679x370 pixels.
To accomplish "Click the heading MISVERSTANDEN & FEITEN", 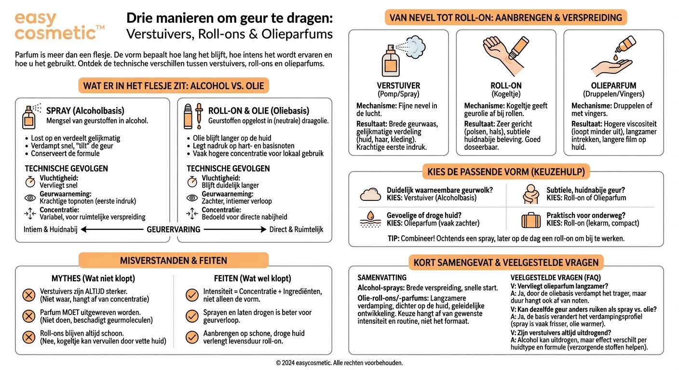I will click(x=173, y=261).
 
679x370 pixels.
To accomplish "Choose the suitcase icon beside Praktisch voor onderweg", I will click(x=531, y=220).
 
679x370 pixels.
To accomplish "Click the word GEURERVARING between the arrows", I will click(x=173, y=229).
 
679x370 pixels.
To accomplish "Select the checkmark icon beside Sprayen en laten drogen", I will click(x=192, y=316).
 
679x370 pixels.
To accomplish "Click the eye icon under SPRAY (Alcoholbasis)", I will click(x=30, y=197).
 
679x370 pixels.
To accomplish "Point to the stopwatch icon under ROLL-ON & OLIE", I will click(x=192, y=182).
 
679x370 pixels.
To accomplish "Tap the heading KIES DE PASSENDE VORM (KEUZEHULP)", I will click(x=506, y=172).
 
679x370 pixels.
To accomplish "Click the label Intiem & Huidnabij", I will click(x=51, y=229).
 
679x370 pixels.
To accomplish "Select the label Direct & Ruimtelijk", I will click(x=296, y=229).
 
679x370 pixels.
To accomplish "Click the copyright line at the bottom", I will click(x=339, y=362).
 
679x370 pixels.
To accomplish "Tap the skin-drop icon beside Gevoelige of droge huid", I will click(x=371, y=220).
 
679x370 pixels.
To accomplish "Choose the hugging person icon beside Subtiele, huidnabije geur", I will click(x=531, y=194).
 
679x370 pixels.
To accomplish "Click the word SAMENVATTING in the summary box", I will click(x=382, y=277).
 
